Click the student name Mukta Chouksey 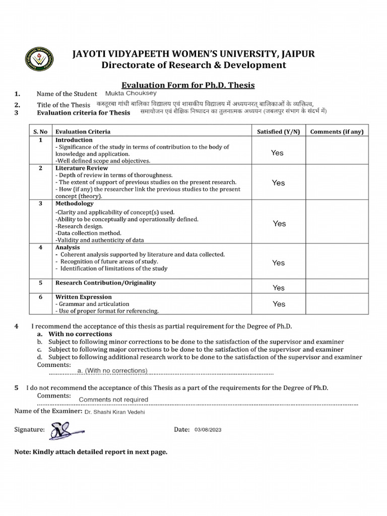(131, 93)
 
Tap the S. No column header (40, 132)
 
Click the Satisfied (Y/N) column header (278, 132)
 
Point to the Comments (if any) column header (336, 132)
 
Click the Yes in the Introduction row (277, 153)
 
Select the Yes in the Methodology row (279, 223)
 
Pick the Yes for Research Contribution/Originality (278, 288)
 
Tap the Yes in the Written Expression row (279, 304)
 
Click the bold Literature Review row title (78, 168)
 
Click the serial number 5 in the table (40, 283)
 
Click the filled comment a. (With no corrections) (112, 371)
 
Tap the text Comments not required (113, 400)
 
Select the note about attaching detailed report (91, 452)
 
